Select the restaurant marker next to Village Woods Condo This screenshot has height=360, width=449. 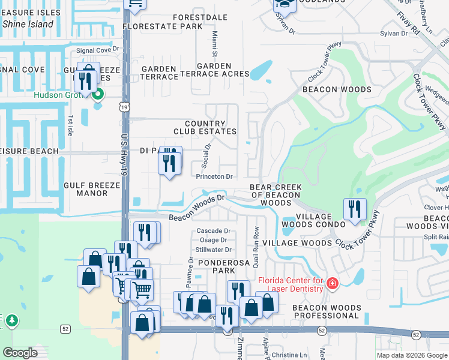[354, 210]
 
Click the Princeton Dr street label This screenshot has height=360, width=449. [214, 177]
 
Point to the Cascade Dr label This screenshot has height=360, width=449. [214, 231]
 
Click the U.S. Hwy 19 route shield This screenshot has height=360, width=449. [124, 106]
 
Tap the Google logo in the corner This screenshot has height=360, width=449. [20, 353]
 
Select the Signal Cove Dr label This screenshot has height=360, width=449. [97, 50]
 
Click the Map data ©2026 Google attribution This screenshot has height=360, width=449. [412, 355]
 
